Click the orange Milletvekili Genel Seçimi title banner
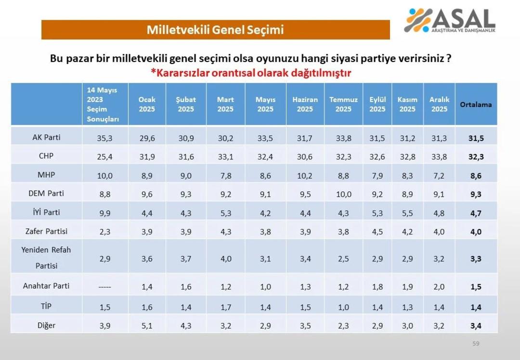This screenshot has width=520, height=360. click(x=215, y=30)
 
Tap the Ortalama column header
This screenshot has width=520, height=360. click(x=476, y=104)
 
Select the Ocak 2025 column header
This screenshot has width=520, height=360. click(x=147, y=104)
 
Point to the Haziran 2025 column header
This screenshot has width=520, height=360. click(x=305, y=104)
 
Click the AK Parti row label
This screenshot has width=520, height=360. click(x=47, y=138)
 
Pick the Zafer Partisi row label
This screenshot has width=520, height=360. click(x=47, y=231)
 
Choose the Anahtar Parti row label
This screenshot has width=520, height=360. click(x=47, y=286)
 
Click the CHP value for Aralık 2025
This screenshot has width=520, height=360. click(x=439, y=156)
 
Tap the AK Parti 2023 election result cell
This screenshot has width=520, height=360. click(x=104, y=139)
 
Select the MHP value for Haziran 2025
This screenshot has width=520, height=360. click(x=305, y=176)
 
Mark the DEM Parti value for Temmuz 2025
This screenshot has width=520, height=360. click(x=343, y=194)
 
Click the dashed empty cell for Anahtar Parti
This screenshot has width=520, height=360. click(x=104, y=287)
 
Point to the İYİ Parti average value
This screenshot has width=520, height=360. click(x=476, y=214)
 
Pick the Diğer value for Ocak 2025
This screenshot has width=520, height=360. click(x=147, y=326)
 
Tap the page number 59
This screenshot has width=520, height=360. click(x=476, y=344)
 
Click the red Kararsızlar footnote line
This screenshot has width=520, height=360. click(x=250, y=73)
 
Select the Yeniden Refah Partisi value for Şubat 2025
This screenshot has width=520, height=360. click(x=186, y=259)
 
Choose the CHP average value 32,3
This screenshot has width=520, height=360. click(x=476, y=157)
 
